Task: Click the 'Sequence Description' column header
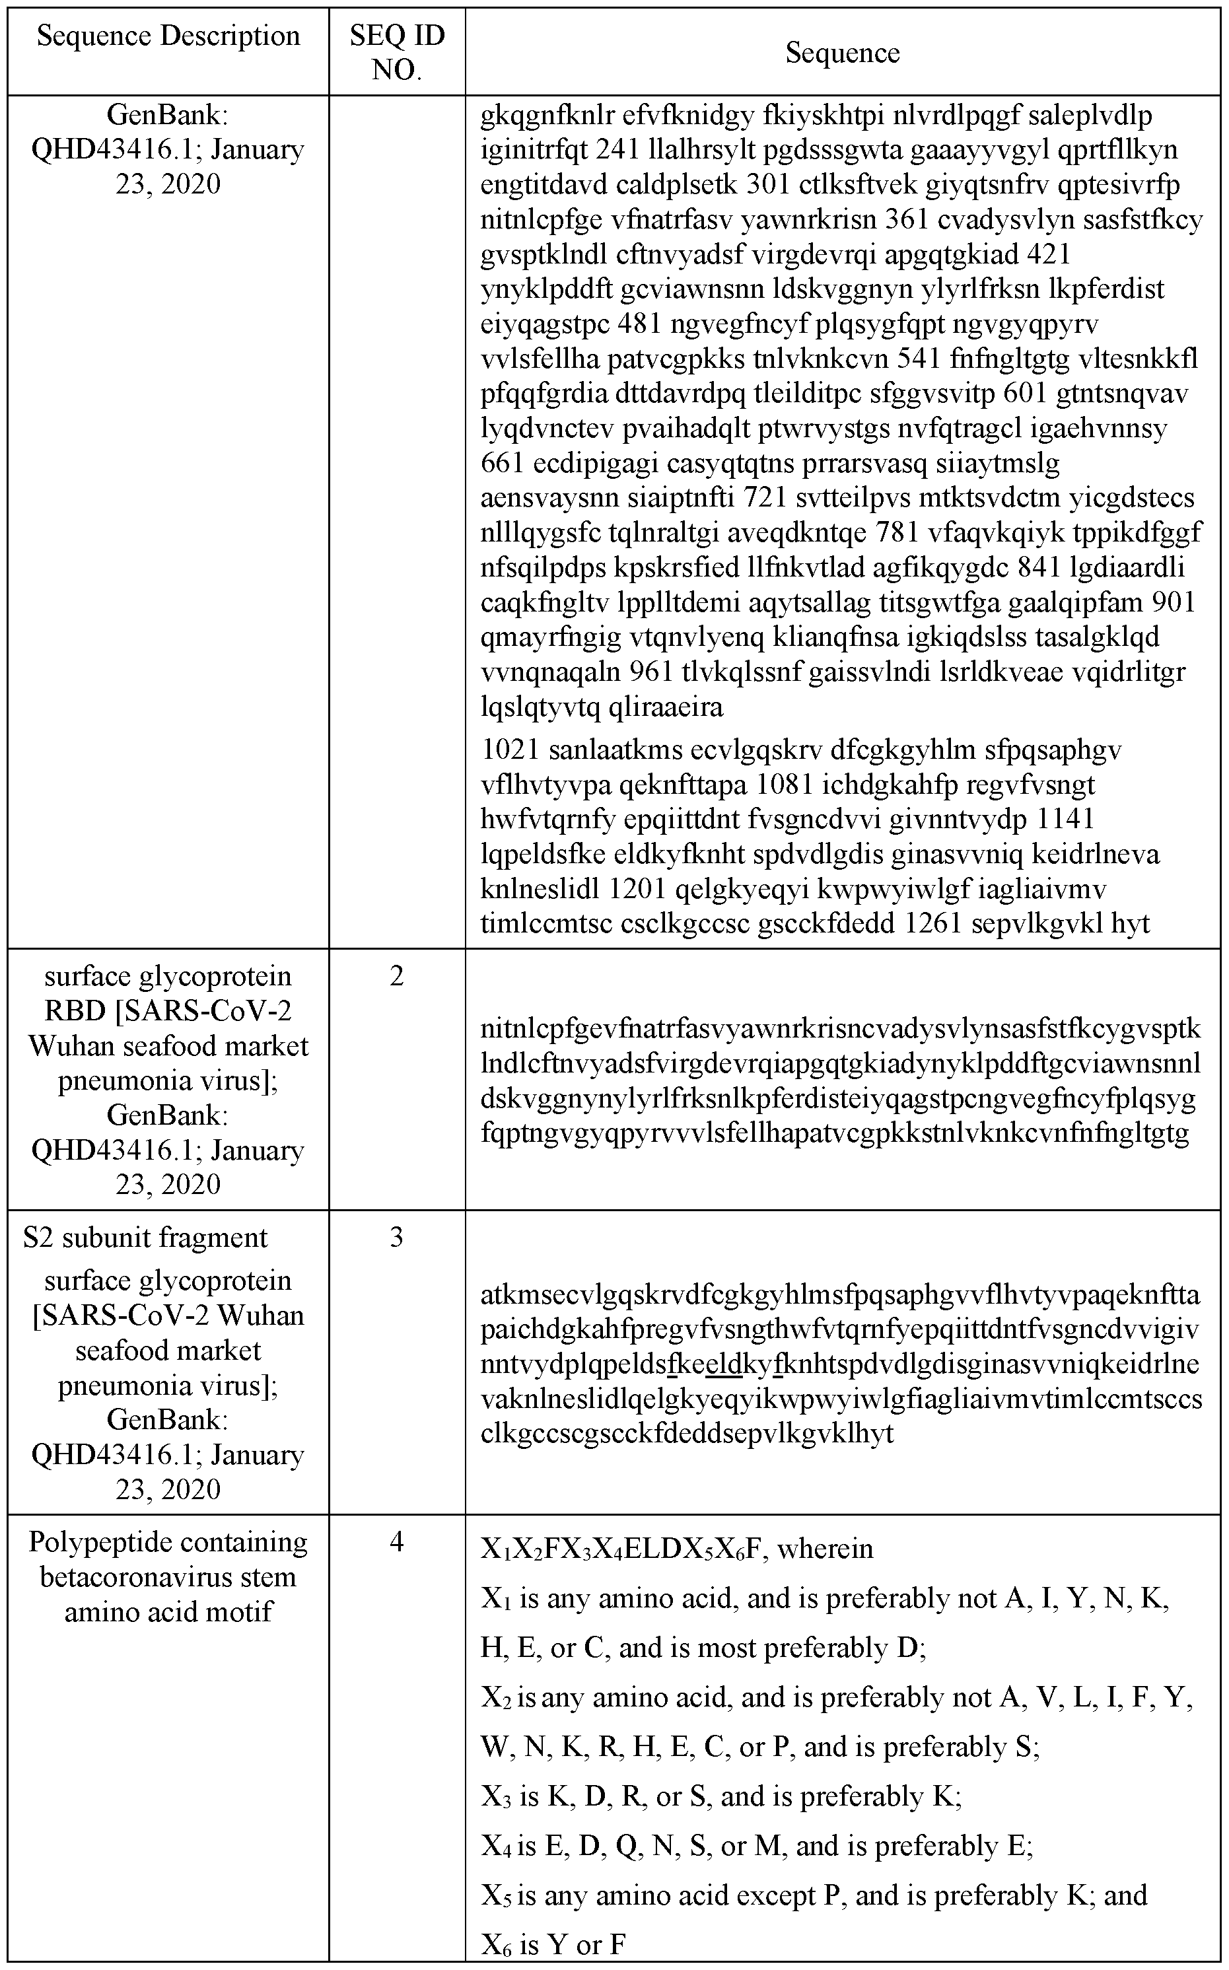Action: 168,36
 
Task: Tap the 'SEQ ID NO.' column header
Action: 397,52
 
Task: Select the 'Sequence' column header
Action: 842,53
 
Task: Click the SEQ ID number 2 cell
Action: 397,976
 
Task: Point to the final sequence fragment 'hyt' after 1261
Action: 1131,924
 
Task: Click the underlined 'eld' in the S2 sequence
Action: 725,1363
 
